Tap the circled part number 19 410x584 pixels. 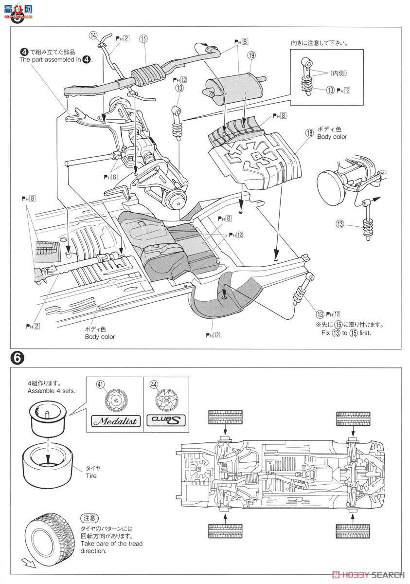tap(250, 56)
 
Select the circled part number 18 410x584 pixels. tap(309, 132)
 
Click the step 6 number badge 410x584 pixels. tap(16, 358)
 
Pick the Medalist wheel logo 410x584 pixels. tap(114, 421)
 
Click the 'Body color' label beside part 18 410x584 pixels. tap(332, 137)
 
